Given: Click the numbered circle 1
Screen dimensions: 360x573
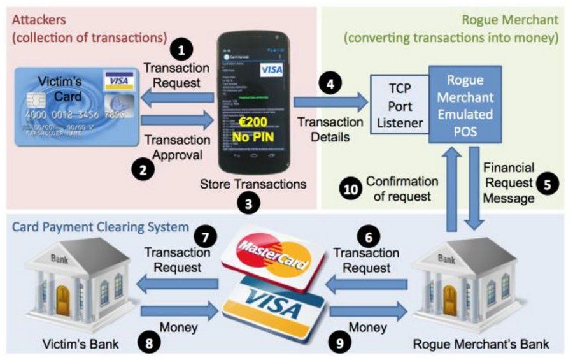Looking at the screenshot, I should point(183,50).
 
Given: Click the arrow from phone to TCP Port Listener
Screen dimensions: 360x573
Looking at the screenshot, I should point(331,101).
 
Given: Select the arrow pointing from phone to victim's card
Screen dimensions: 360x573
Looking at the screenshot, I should point(178,96).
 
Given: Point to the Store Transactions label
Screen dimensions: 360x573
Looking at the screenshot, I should point(253,184).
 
